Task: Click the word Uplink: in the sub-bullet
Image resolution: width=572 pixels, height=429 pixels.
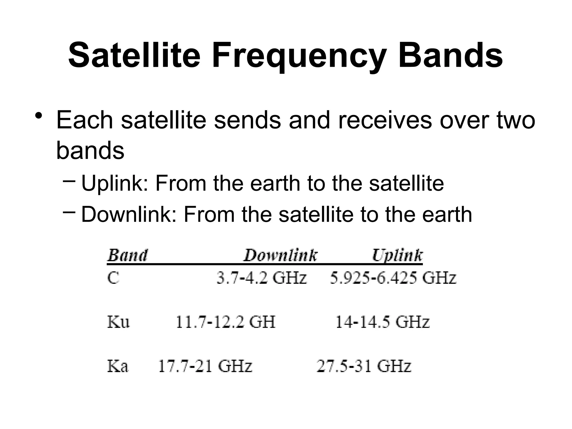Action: click(x=115, y=184)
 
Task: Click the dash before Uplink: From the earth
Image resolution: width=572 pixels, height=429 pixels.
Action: click(x=69, y=181)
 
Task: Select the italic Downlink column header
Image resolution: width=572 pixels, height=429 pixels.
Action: click(x=280, y=256)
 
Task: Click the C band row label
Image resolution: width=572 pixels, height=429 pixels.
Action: click(x=113, y=278)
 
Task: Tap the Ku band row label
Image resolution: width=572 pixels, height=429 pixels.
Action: click(x=118, y=322)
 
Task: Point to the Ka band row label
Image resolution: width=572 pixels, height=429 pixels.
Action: click(x=118, y=366)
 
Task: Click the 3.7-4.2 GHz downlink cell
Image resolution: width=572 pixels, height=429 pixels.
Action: click(x=262, y=278)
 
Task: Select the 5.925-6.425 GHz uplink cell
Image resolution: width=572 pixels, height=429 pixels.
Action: click(x=393, y=278)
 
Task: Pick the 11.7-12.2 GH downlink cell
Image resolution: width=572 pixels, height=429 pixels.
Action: click(x=225, y=322)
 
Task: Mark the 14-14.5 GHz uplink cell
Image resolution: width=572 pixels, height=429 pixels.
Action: click(x=382, y=322)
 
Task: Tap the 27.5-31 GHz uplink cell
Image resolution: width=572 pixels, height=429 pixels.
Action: click(x=364, y=366)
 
